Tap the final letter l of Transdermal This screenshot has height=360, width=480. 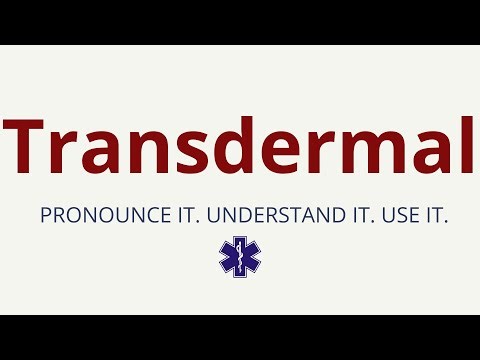[x=465, y=146]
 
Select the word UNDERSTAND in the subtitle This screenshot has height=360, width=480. [x=253, y=215]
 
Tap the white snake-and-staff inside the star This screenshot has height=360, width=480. [x=239, y=257]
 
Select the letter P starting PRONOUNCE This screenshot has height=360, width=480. [x=45, y=215]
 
